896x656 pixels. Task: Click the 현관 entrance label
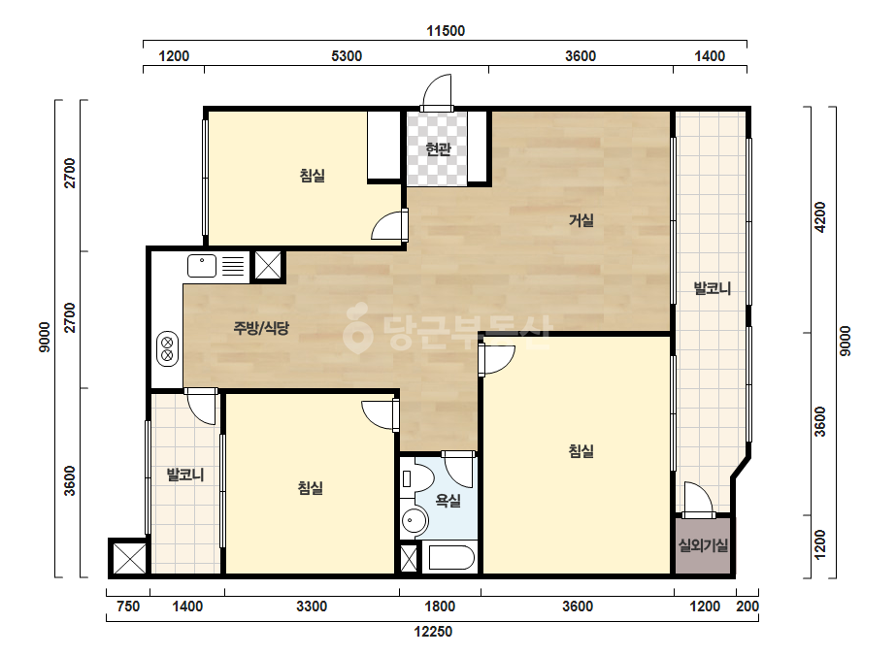pos(438,149)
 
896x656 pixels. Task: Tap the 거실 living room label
pos(581,220)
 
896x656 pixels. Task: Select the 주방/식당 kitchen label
pos(261,328)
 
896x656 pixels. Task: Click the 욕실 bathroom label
pos(448,501)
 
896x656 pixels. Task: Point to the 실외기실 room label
pos(703,545)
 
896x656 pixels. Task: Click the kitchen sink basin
pos(202,266)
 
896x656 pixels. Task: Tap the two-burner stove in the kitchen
pos(167,348)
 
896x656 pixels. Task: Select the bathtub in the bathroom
pos(451,558)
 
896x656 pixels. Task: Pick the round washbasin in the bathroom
pos(415,520)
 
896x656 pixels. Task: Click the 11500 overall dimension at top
pos(446,31)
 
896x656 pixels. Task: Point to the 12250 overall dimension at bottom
pos(433,632)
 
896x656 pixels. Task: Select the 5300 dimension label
pos(347,56)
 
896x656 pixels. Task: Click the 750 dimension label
pos(128,607)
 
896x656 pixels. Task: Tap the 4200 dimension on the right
pos(820,217)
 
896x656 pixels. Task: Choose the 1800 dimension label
pos(440,607)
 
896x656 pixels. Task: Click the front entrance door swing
pos(437,91)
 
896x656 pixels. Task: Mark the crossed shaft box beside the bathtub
pos(409,559)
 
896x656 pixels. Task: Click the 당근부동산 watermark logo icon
pos(357,328)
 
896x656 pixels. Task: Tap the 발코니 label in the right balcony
pos(712,288)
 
